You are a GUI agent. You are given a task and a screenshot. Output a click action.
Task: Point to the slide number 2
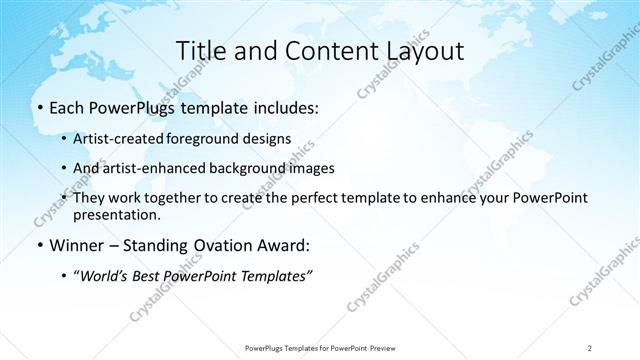[590, 347]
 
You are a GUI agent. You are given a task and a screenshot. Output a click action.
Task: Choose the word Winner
[74, 245]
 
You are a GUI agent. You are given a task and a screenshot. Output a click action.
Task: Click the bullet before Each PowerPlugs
[38, 106]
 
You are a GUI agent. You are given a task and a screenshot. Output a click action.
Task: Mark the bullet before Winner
[38, 245]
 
